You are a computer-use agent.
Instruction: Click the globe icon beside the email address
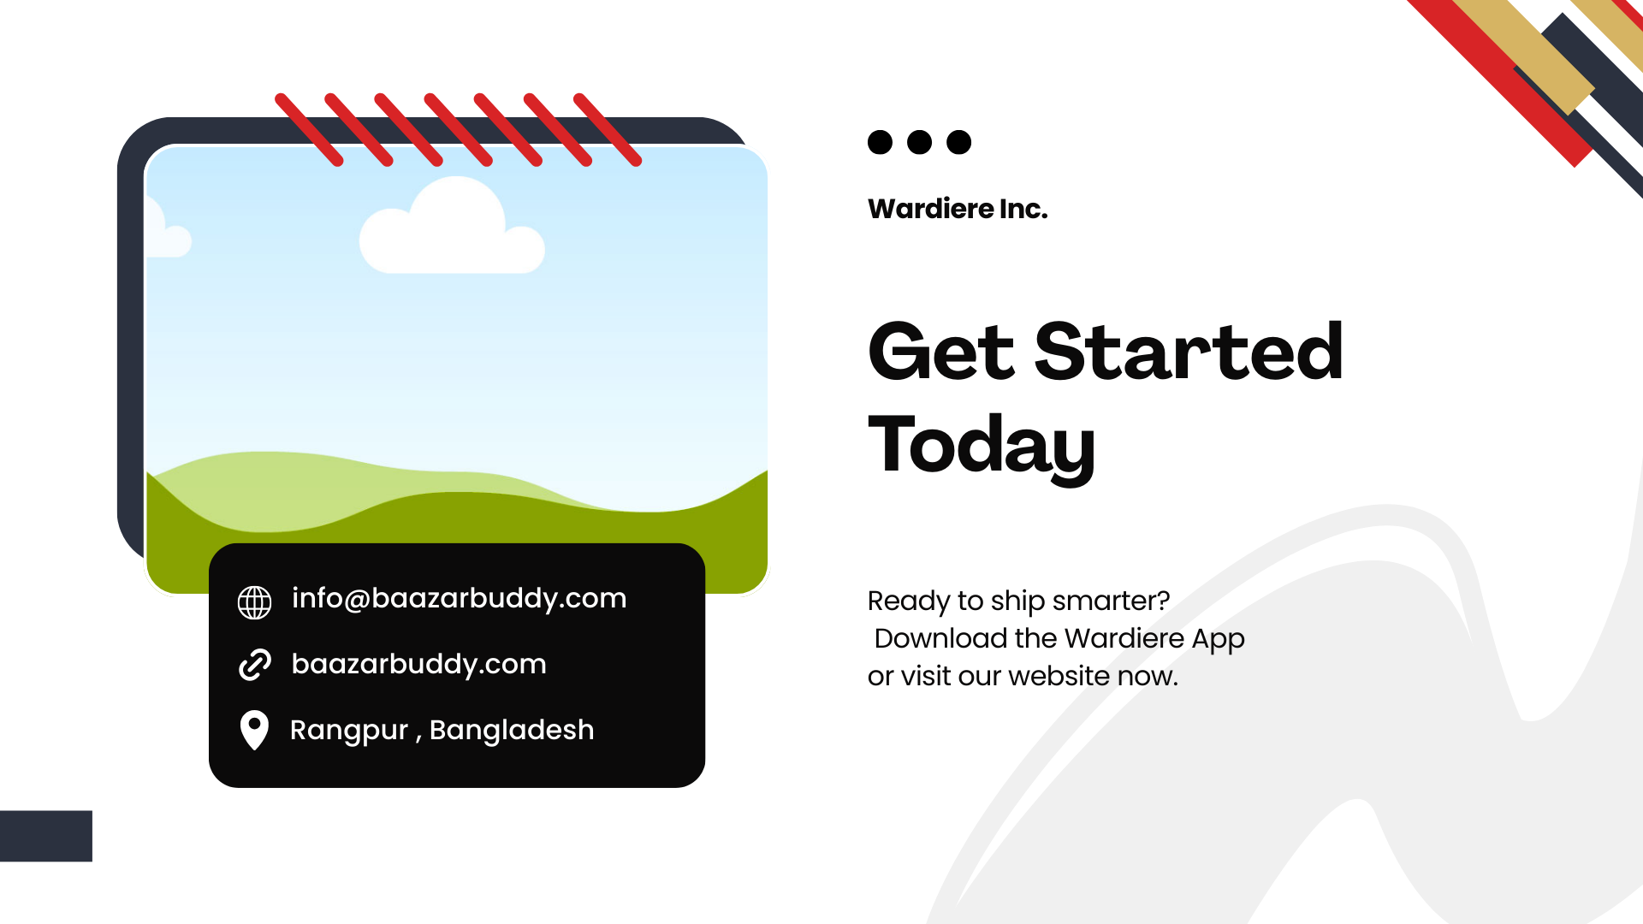[254, 602]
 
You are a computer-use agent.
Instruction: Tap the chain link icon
[254, 665]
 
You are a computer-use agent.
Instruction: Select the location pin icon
[254, 730]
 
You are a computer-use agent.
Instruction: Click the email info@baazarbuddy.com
[459, 598]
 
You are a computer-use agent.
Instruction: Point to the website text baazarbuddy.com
[418, 665]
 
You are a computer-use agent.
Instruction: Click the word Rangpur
[349, 731]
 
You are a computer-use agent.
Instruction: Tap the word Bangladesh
[512, 730]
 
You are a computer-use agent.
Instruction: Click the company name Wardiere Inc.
[958, 209]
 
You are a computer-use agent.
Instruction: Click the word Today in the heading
[982, 446]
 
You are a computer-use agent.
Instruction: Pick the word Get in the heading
[941, 352]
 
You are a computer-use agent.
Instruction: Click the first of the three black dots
[880, 142]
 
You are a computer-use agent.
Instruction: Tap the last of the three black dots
[959, 142]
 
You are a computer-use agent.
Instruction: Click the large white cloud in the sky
[452, 228]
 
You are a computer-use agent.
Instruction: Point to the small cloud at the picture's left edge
[167, 229]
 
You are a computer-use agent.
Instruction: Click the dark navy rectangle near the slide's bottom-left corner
[46, 836]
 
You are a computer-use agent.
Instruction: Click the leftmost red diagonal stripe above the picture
[309, 130]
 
